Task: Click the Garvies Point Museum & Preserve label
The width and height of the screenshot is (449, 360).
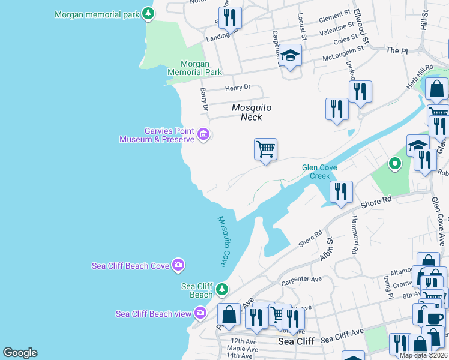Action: (x=157, y=135)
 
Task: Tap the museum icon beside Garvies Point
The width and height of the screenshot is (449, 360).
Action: (x=203, y=134)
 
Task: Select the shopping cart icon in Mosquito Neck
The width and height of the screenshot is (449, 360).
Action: (x=265, y=148)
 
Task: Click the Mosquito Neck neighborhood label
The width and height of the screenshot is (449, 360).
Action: (x=252, y=112)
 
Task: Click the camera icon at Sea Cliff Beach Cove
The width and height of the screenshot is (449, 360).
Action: (x=178, y=264)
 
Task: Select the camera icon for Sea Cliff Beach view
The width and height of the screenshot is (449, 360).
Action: (x=200, y=313)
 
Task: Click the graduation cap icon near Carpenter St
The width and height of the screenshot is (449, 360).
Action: (x=291, y=56)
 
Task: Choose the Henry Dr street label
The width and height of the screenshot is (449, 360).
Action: (x=237, y=88)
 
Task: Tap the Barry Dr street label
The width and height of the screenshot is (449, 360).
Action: (x=204, y=100)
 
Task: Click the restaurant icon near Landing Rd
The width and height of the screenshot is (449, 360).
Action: (x=230, y=17)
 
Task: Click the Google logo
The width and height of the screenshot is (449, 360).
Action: (x=20, y=353)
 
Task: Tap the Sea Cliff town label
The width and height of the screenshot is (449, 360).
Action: (x=296, y=341)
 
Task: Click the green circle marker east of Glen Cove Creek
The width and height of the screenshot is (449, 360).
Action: (x=394, y=163)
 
